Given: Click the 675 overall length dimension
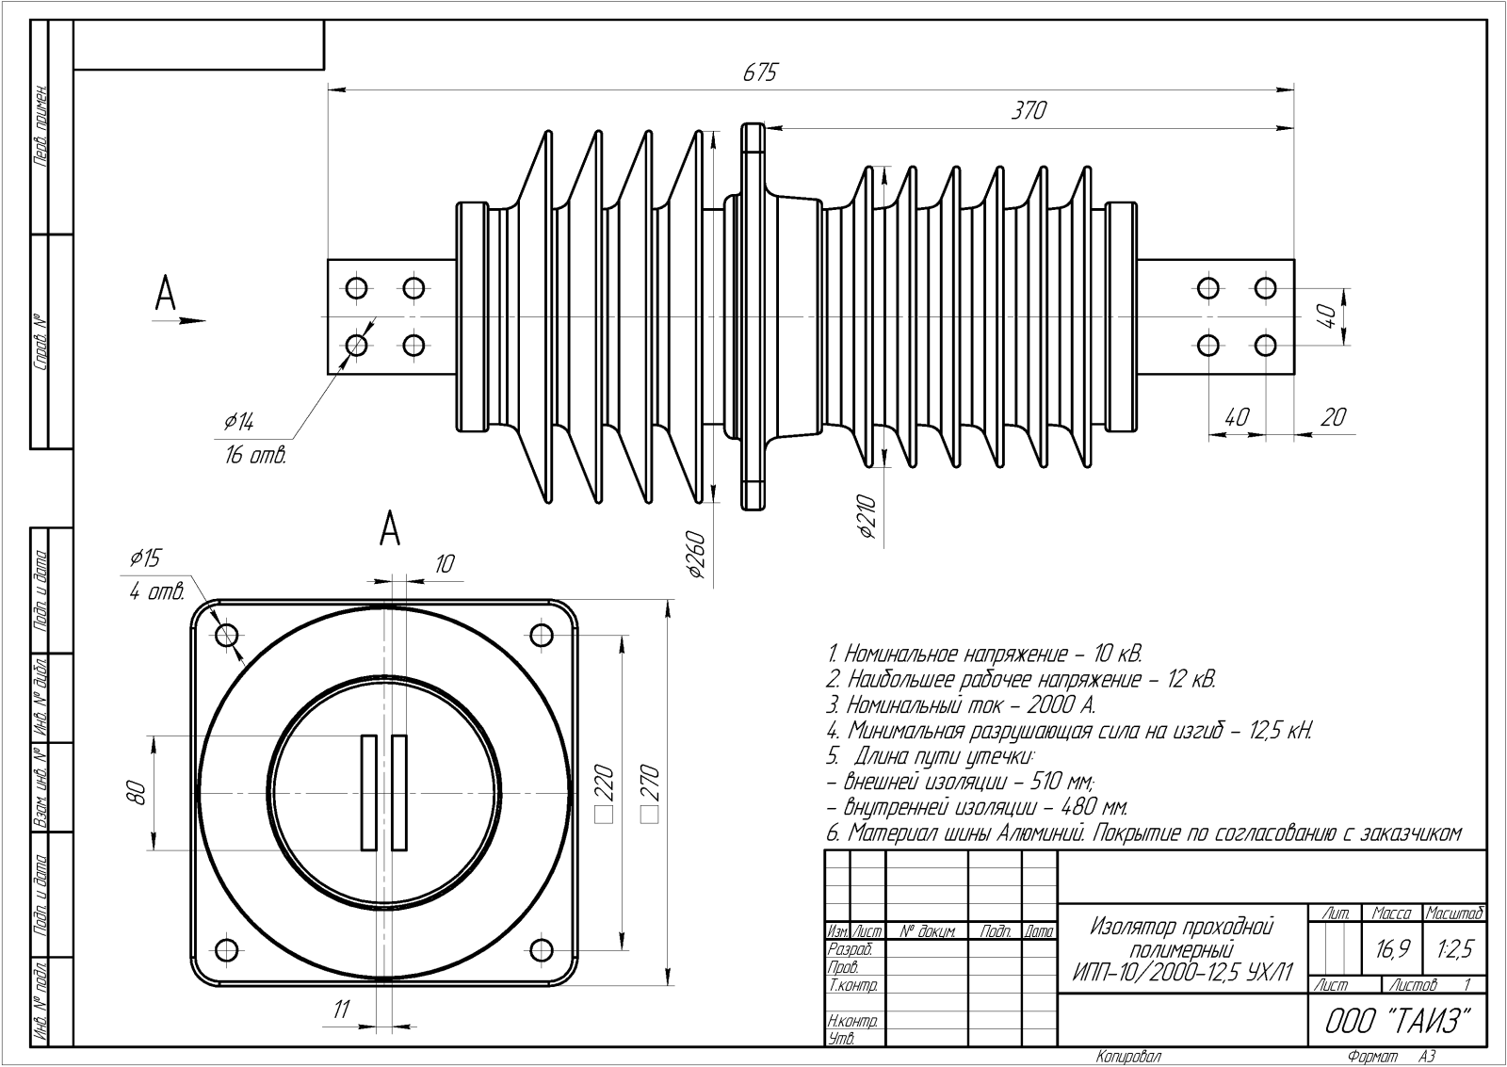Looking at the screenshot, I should click(759, 73).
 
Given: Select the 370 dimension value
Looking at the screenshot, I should click(1029, 110).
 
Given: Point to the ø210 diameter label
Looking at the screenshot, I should click(867, 517).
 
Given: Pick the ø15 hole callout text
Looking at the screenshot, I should click(145, 558).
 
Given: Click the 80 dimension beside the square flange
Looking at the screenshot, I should click(138, 793).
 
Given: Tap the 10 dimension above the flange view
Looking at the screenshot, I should click(444, 564).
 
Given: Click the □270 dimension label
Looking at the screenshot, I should click(649, 794).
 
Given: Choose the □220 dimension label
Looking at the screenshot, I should click(604, 794).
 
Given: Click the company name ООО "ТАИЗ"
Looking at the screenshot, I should click(1398, 1021).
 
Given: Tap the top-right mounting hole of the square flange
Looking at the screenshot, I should click(542, 635).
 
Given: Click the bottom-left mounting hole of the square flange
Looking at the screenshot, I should click(226, 948).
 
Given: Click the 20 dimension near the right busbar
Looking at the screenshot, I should click(1333, 416).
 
